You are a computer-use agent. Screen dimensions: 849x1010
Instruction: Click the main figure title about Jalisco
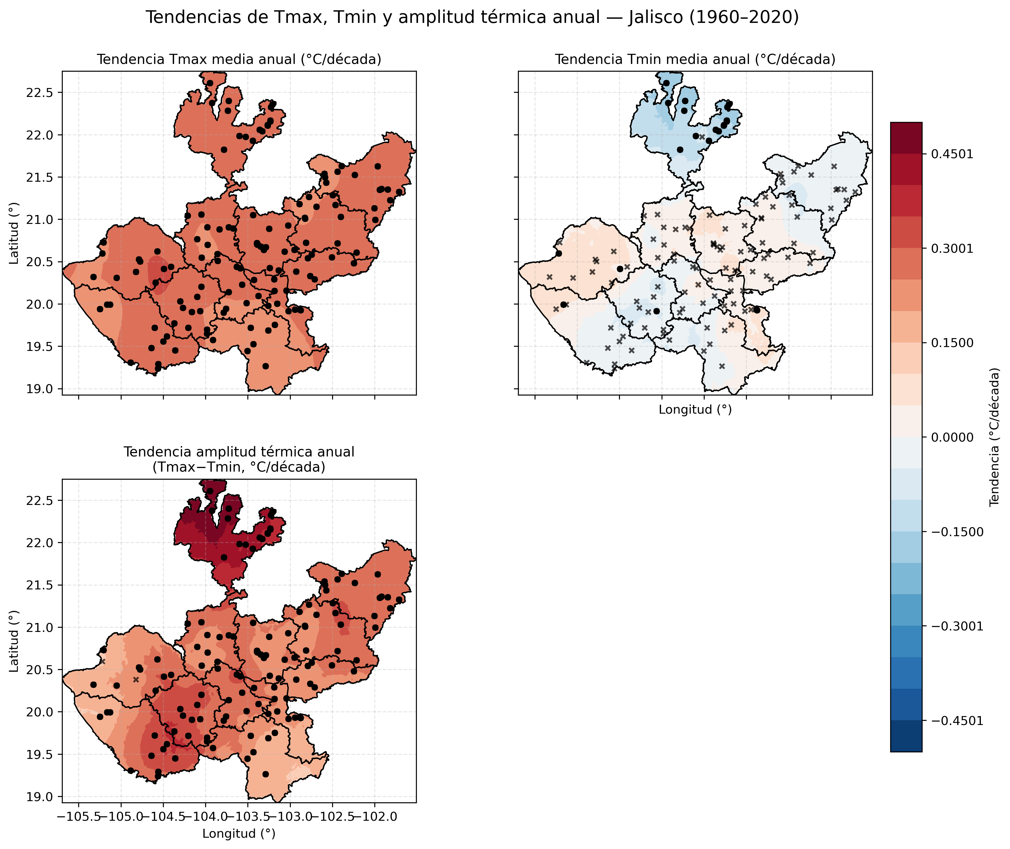[472, 17]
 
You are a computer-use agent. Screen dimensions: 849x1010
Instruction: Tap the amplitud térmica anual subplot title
[239, 459]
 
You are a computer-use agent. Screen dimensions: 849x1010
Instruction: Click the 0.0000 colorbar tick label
[952, 437]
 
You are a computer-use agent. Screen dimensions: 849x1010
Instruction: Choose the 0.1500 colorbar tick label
[952, 343]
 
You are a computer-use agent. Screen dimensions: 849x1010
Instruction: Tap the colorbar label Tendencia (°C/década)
[995, 437]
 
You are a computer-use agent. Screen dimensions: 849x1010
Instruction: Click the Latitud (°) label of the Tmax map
[14, 233]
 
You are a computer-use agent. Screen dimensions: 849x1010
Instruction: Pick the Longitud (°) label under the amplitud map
[239, 834]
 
